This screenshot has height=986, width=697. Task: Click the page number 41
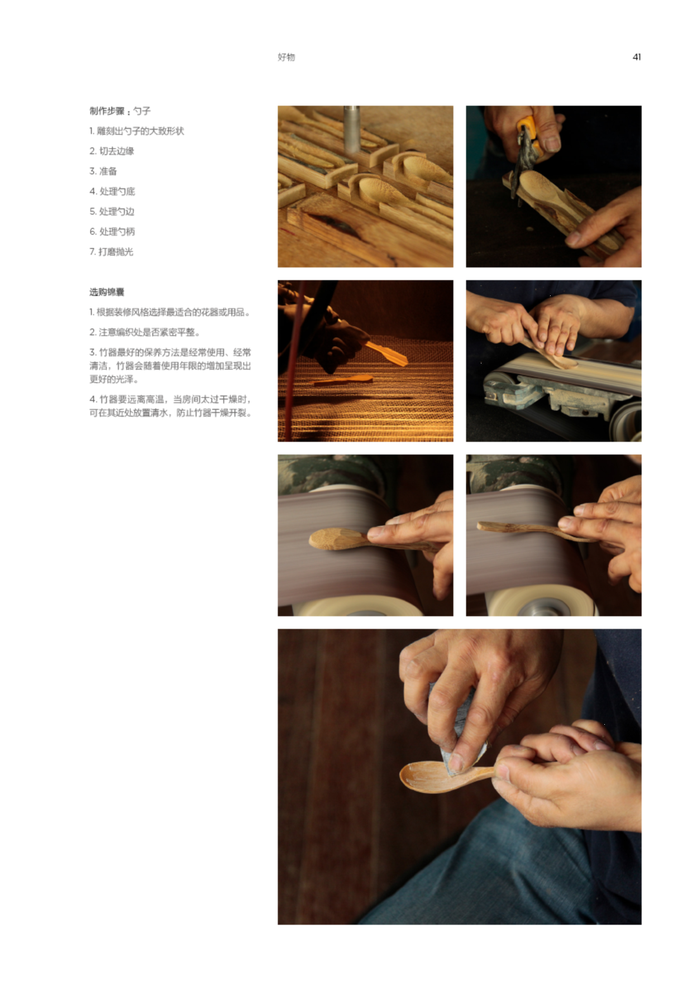coord(637,57)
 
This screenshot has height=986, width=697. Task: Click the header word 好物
coord(287,57)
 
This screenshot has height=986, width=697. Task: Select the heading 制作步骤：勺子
coord(120,111)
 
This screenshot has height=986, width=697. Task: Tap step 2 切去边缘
coord(112,151)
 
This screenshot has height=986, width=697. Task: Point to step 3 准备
coord(103,171)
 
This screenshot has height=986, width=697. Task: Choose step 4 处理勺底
coord(112,191)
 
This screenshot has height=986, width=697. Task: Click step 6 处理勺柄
coord(112,231)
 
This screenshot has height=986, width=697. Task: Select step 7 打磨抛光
coord(112,251)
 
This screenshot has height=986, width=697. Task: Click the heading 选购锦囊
coord(107,292)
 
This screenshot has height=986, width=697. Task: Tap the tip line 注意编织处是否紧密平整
coord(145,332)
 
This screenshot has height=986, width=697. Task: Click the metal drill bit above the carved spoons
coord(351,128)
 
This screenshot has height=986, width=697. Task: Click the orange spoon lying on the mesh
coord(343,380)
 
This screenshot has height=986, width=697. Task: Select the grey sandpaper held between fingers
coord(458,726)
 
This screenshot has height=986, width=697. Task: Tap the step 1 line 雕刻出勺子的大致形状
coord(137,131)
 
